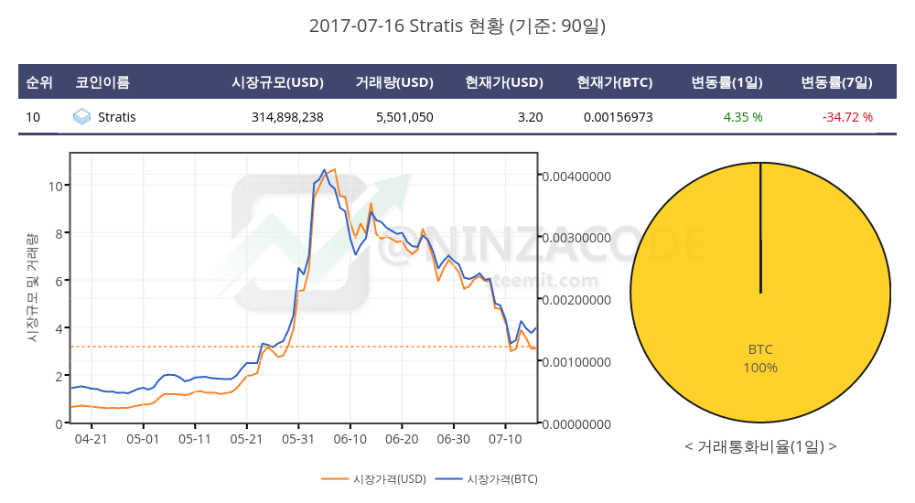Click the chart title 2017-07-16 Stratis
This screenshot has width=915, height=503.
[457, 27]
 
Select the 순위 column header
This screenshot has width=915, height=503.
[39, 82]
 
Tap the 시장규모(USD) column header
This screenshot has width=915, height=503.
[278, 82]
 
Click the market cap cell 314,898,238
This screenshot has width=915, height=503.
[287, 117]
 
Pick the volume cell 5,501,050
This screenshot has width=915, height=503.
[404, 117]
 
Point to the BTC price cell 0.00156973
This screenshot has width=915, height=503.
[618, 117]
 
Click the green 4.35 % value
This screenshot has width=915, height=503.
[743, 117]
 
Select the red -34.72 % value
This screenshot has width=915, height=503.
[847, 117]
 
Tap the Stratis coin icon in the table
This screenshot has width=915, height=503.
[81, 117]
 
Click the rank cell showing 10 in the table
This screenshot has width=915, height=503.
[33, 117]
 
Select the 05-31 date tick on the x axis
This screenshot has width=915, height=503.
[298, 439]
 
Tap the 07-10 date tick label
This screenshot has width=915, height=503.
[505, 439]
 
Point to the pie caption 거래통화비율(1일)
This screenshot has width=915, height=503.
[760, 447]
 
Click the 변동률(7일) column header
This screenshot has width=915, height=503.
[836, 82]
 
